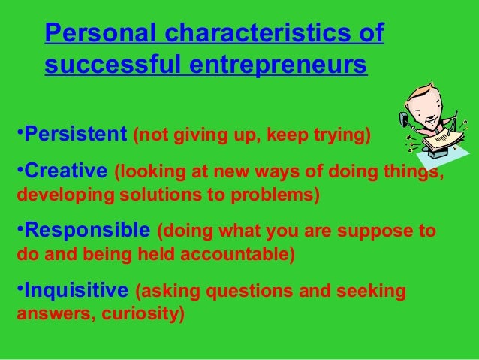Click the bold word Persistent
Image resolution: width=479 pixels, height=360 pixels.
74,136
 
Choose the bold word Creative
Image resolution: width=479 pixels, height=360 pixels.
65,171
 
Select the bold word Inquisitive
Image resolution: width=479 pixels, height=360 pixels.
75,289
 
